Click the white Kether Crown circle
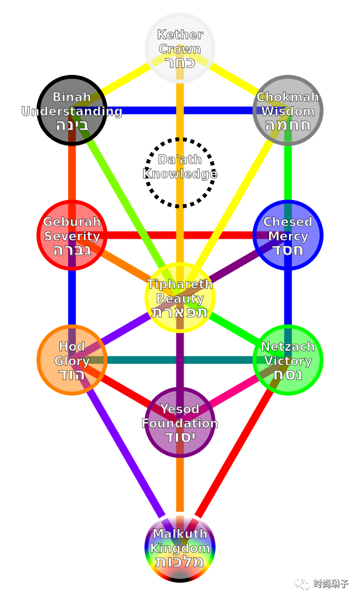(180, 47)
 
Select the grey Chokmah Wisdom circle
(288, 110)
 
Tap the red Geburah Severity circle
(72, 235)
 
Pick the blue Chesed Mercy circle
(288, 235)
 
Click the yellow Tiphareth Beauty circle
(180, 298)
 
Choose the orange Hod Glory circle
(72, 360)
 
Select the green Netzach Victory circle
(288, 360)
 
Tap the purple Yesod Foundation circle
(180, 422)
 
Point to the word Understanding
(72, 111)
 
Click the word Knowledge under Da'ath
(180, 174)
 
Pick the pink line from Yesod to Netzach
(235, 391)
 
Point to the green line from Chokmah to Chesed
(288, 173)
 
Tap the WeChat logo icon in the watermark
(302, 583)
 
